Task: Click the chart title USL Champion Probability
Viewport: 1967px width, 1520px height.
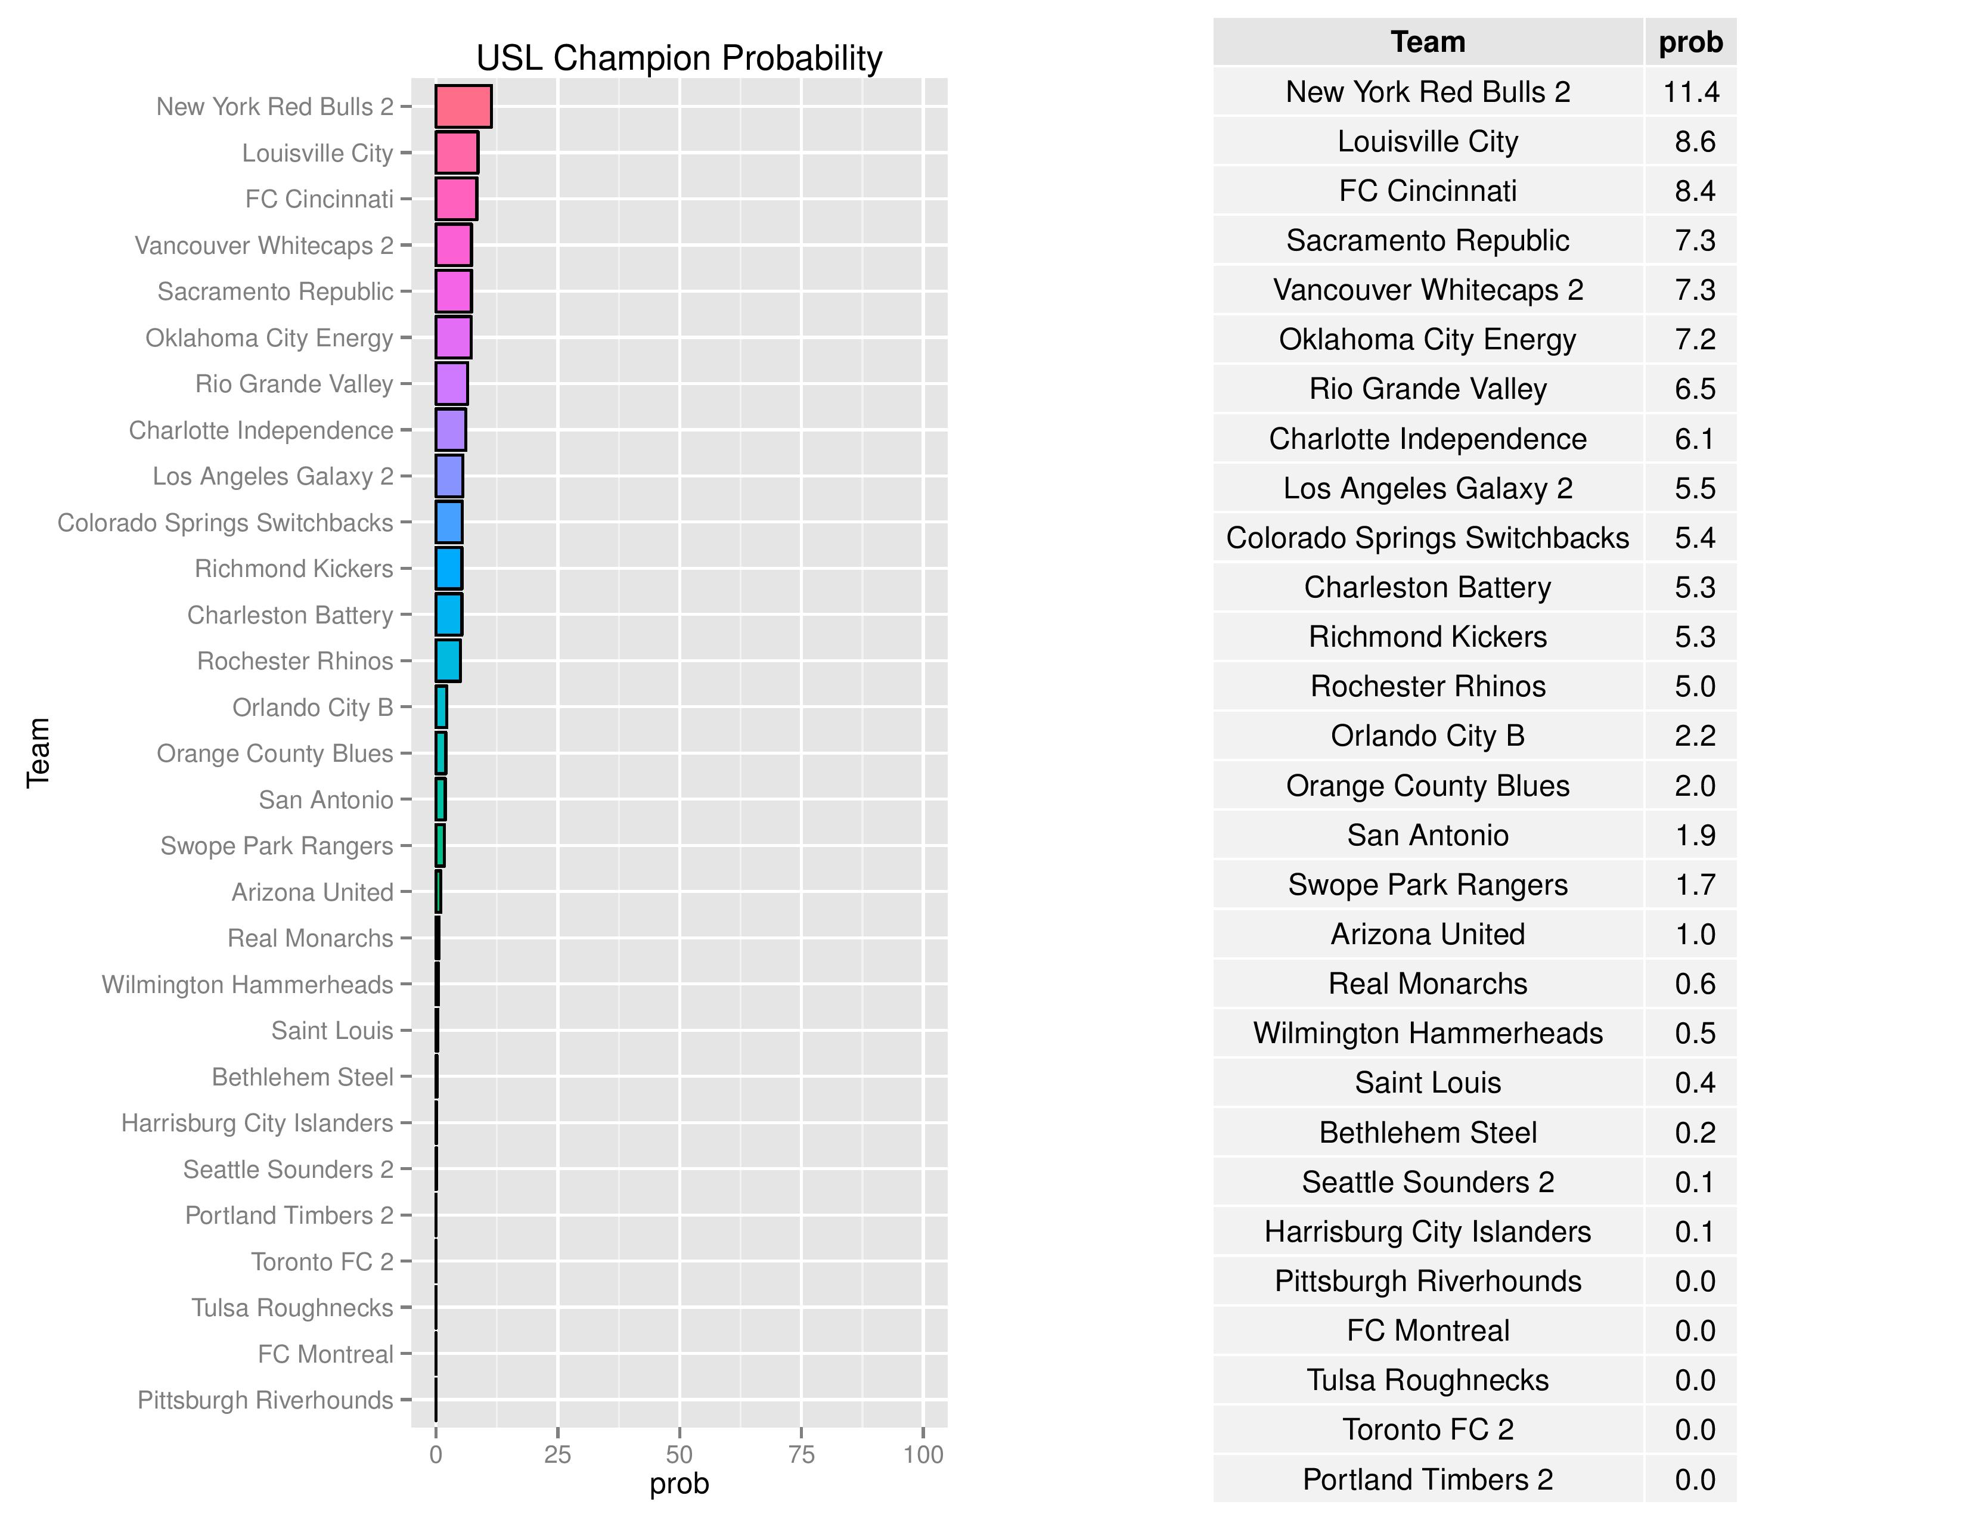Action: (678, 58)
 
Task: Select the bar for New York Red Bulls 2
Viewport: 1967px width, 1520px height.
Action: (463, 106)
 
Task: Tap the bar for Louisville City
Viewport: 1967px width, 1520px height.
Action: (457, 152)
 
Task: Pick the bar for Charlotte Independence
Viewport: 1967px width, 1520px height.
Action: (450, 430)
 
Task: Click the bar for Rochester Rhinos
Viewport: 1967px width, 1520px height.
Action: (448, 661)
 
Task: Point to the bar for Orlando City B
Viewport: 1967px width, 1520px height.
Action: (441, 707)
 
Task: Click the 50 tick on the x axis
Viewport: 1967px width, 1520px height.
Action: (679, 1454)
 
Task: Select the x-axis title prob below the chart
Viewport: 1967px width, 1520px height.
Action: (679, 1484)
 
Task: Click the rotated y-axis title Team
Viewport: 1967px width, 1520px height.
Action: (38, 753)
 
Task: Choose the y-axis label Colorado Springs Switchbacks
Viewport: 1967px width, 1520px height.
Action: (225, 522)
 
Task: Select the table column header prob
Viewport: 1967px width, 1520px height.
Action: (1690, 42)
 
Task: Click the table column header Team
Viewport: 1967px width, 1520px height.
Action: (1428, 42)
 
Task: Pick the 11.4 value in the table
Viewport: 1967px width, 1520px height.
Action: (1690, 92)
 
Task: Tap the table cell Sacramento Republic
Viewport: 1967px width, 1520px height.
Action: (1428, 240)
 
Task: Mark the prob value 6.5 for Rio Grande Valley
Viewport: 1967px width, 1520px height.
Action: (1694, 389)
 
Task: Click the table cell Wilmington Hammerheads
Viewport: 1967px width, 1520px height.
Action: (1428, 1033)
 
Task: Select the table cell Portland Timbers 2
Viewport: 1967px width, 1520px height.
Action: (1428, 1479)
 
